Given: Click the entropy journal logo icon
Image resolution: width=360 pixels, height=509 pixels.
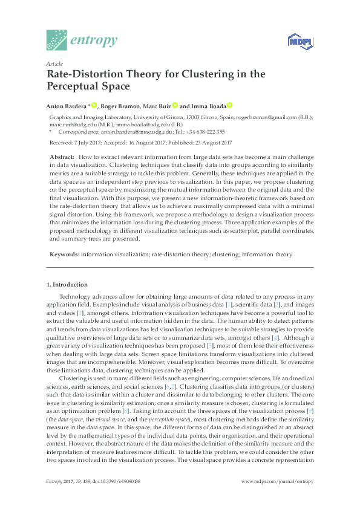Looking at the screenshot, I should click(x=57, y=40).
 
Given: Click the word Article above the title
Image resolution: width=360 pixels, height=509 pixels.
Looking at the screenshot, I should click(x=53, y=63).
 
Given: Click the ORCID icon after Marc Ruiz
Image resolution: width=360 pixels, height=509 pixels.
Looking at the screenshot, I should click(x=175, y=105).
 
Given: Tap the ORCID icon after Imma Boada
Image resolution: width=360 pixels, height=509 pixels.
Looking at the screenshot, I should click(x=230, y=105).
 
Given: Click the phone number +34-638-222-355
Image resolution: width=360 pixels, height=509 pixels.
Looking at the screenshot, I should click(x=205, y=131).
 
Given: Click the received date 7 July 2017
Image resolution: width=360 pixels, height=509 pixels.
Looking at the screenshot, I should click(x=87, y=143).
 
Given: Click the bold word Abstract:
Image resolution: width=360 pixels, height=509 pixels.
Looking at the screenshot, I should click(x=62, y=157).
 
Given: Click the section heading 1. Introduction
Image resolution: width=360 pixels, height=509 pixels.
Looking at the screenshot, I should click(x=67, y=284).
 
